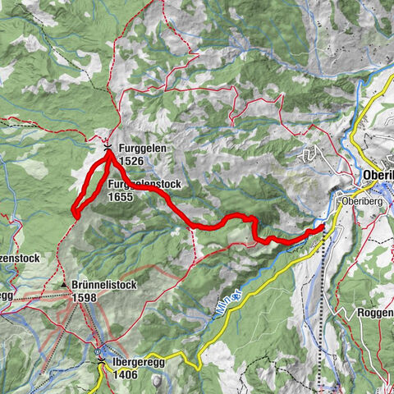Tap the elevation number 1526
132,161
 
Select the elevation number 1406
126,375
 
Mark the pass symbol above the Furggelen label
109,144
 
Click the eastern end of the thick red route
322,228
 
